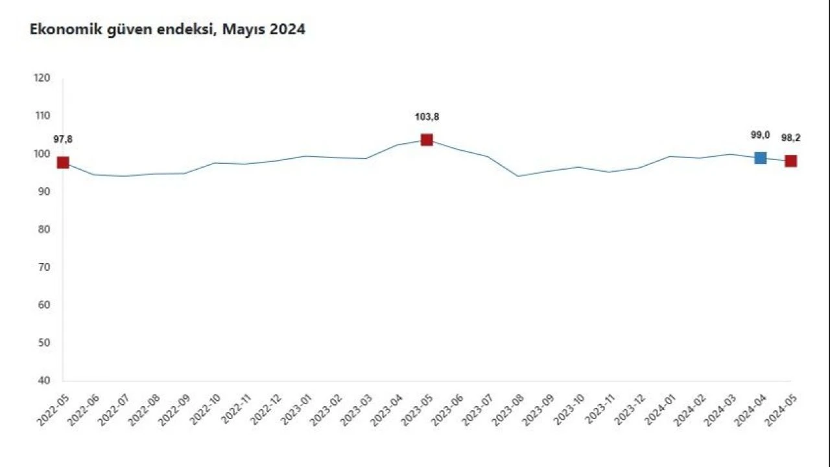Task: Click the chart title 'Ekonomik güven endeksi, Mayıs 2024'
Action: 167,30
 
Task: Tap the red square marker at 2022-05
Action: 63,163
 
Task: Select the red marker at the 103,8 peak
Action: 427,140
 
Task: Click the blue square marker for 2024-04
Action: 761,157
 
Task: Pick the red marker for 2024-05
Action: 791,161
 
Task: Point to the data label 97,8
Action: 63,139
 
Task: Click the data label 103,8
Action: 427,117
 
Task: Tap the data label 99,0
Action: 760,135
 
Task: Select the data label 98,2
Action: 791,138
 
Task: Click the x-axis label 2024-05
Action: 781,409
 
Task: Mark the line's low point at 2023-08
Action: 517,176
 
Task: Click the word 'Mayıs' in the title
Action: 242,30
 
